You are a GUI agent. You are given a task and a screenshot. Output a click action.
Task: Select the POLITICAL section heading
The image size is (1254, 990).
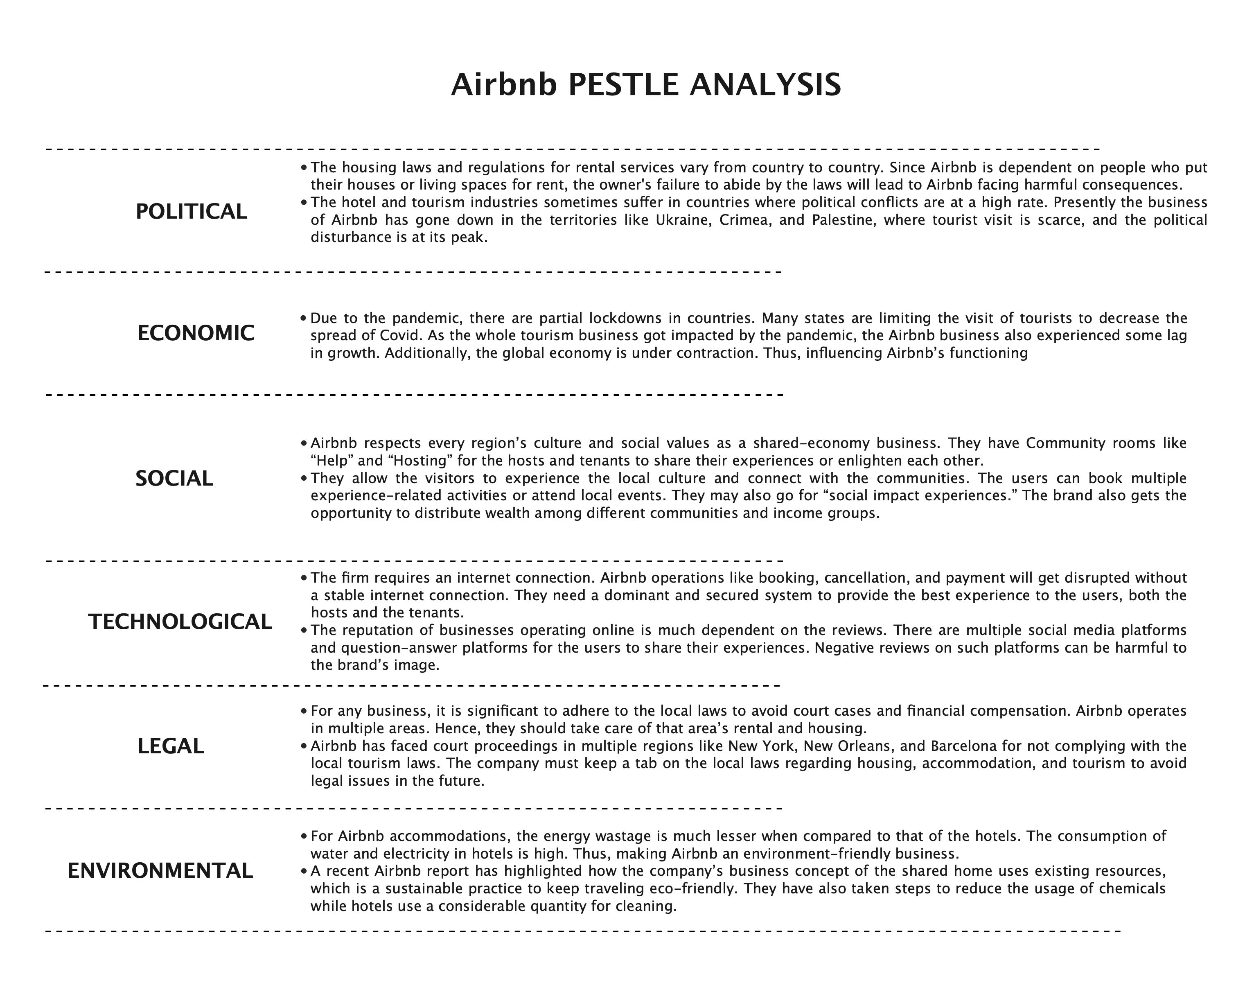(191, 212)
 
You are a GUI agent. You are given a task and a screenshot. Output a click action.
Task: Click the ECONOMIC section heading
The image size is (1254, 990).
(196, 333)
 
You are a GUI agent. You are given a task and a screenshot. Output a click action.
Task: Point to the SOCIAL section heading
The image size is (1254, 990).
(174, 479)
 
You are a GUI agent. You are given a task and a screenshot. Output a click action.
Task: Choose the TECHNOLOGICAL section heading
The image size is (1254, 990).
(180, 622)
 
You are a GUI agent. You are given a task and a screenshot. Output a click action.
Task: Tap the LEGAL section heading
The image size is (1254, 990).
(171, 746)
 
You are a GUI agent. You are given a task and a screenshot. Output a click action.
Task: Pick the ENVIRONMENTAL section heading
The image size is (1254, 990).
(160, 871)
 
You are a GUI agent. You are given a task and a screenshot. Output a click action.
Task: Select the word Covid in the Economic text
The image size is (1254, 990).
(400, 336)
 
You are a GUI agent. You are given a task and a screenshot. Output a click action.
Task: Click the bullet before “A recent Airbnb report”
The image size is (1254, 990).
(304, 871)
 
